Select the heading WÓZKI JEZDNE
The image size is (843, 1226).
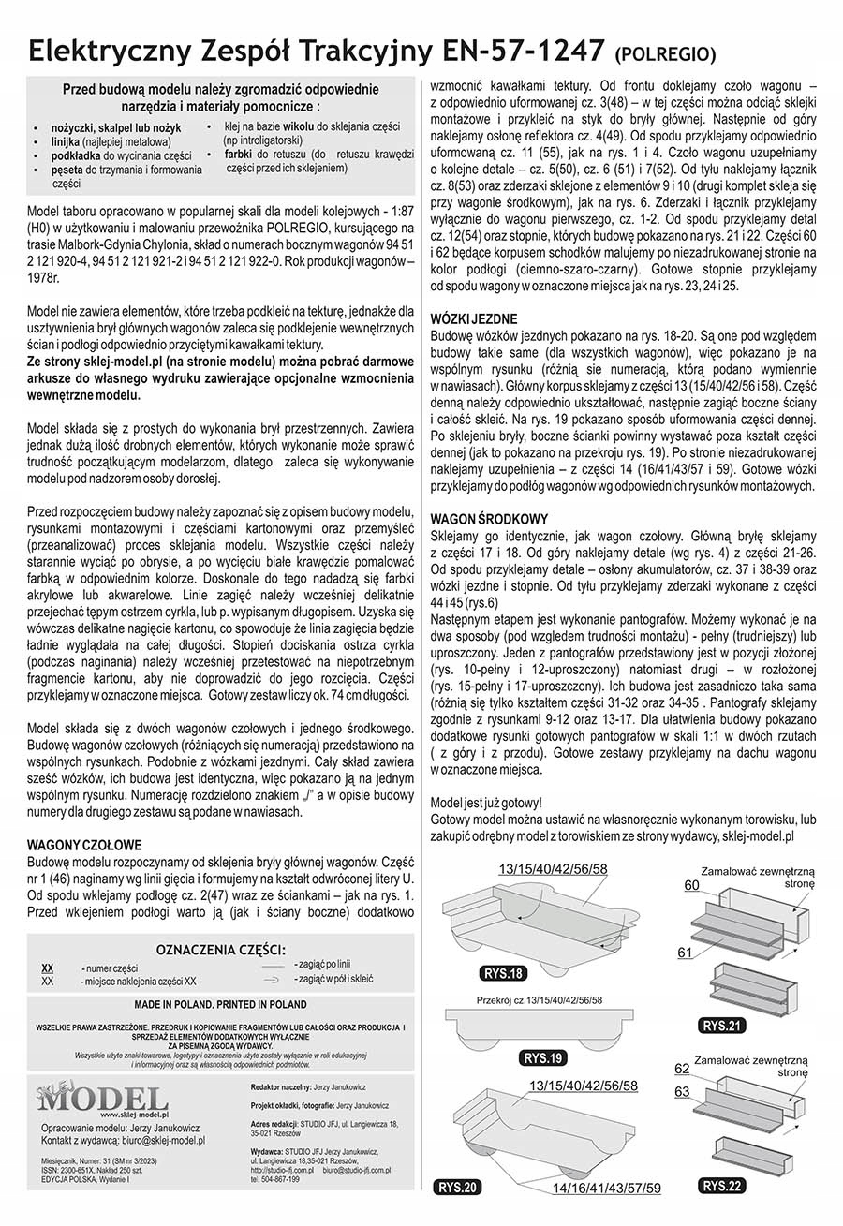click(x=473, y=319)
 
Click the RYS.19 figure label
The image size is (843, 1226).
click(x=543, y=1059)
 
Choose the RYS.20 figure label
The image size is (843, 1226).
click(x=459, y=1188)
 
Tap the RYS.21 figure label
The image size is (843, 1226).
click(x=722, y=1026)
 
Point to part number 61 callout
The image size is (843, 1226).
click(x=685, y=952)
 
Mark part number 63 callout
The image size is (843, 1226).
click(x=682, y=1092)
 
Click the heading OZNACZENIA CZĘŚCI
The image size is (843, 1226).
click(x=220, y=948)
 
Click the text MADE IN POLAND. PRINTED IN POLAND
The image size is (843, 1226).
click(x=220, y=1003)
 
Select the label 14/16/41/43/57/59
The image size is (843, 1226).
click(x=606, y=1189)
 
